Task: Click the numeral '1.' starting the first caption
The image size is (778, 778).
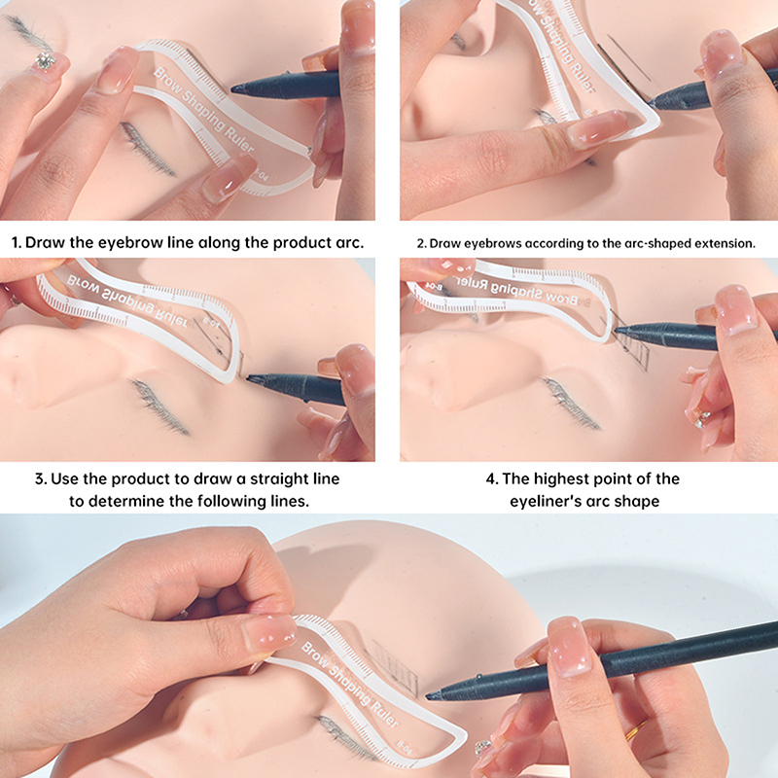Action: pyautogui.click(x=17, y=242)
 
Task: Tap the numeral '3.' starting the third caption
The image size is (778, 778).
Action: pyautogui.click(x=41, y=479)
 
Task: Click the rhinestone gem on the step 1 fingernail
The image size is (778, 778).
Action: pyautogui.click(x=45, y=60)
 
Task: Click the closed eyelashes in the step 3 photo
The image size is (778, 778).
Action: pyautogui.click(x=159, y=407)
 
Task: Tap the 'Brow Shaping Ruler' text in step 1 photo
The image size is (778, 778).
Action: pyautogui.click(x=203, y=110)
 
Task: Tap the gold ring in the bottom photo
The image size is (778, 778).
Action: pyautogui.click(x=635, y=730)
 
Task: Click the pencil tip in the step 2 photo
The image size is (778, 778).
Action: pyautogui.click(x=653, y=103)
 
